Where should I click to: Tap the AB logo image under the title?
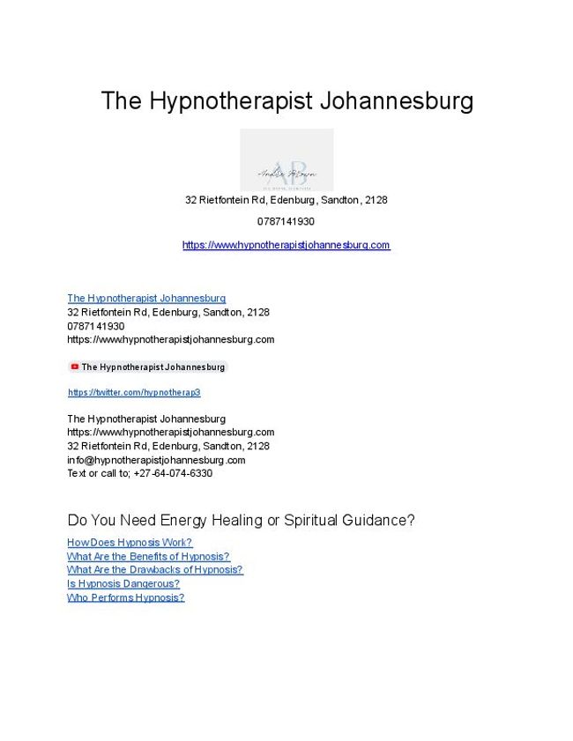point(286,159)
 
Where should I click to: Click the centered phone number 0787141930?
point(286,221)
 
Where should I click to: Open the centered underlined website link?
point(286,245)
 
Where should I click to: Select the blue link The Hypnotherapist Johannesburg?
point(146,299)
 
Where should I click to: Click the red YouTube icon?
point(75,367)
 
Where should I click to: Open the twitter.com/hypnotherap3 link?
point(134,392)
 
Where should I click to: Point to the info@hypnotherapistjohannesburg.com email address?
point(156,460)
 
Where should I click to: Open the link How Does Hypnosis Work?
point(130,543)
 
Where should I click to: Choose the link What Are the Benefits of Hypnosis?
point(148,557)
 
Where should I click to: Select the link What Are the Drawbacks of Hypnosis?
point(154,570)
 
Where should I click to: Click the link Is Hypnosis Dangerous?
point(123,583)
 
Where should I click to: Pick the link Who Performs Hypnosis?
point(126,597)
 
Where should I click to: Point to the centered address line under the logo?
point(286,200)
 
